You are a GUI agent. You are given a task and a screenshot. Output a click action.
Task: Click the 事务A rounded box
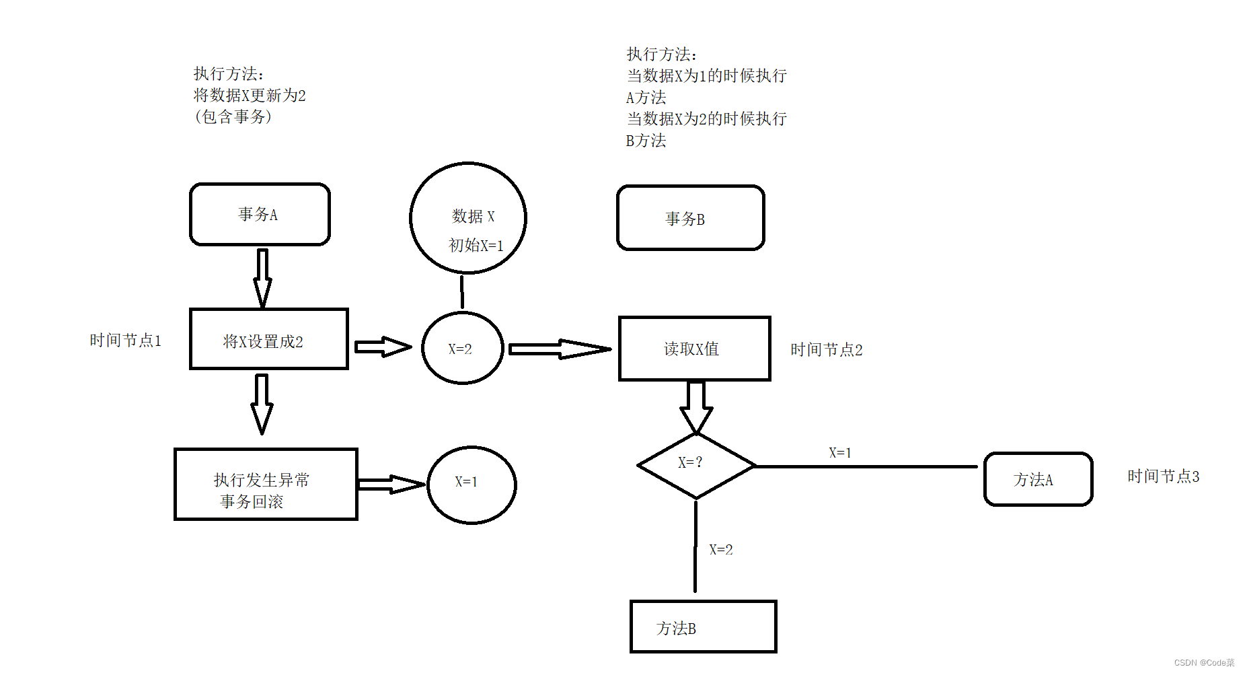tap(260, 214)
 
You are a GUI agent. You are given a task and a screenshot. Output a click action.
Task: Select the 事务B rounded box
tap(690, 218)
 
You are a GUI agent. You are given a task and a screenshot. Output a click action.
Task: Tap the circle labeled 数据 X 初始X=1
tap(468, 218)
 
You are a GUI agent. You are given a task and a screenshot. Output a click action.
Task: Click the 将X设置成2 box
tap(268, 340)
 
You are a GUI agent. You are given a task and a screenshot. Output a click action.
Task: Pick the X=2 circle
tap(462, 348)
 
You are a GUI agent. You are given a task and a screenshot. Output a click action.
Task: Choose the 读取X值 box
tap(694, 349)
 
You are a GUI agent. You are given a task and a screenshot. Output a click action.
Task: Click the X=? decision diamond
tap(695, 465)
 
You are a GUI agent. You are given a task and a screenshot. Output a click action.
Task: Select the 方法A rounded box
tap(1038, 479)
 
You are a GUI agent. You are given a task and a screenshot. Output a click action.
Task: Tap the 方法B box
tap(703, 627)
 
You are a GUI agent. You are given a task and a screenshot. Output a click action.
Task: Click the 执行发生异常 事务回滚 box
tap(266, 485)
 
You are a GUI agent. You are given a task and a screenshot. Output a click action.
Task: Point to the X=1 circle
tap(471, 485)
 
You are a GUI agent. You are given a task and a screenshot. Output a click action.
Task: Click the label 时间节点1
tap(126, 341)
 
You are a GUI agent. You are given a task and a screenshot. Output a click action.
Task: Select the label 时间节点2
tap(826, 350)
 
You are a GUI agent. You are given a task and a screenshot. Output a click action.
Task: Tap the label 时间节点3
tap(1163, 476)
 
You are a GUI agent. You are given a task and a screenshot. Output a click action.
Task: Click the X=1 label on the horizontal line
tap(840, 453)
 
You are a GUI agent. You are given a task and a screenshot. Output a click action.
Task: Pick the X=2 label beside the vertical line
tap(721, 550)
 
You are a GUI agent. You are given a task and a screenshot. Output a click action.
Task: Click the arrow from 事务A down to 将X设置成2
tap(262, 277)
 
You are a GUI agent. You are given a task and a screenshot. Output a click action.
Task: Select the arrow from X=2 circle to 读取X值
tap(559, 349)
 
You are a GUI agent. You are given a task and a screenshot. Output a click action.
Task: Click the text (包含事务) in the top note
tap(233, 117)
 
